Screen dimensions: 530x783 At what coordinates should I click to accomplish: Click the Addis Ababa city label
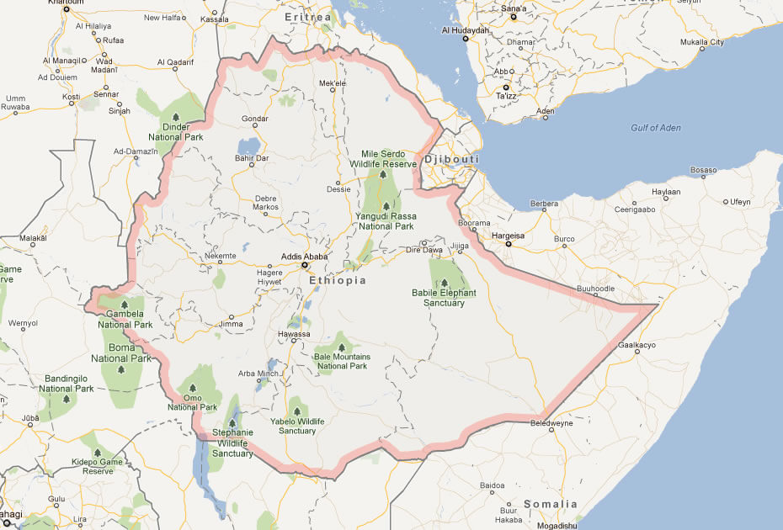click(x=304, y=257)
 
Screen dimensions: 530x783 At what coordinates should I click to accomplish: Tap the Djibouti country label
click(x=452, y=159)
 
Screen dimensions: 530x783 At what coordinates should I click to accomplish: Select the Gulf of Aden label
click(x=656, y=128)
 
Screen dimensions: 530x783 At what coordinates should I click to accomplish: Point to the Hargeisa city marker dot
click(x=508, y=244)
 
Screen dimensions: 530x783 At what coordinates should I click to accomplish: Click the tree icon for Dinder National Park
click(x=176, y=117)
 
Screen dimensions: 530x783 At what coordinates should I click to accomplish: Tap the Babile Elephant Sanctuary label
click(x=444, y=298)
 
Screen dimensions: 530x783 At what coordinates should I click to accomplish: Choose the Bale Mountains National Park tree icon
click(x=341, y=347)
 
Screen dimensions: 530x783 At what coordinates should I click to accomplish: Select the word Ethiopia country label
click(x=338, y=280)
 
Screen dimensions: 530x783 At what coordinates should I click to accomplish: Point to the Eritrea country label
click(x=307, y=17)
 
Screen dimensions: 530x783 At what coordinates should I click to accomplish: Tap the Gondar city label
click(x=254, y=119)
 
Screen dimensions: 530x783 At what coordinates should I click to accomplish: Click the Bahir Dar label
click(x=252, y=157)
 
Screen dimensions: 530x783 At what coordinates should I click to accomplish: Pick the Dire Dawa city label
click(x=423, y=250)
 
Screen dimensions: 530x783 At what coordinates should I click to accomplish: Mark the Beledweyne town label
click(x=551, y=423)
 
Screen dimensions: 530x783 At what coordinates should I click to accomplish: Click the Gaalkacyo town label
click(x=637, y=345)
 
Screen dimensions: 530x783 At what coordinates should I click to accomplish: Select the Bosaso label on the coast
click(x=703, y=171)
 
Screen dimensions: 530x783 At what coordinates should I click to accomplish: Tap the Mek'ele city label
click(x=333, y=83)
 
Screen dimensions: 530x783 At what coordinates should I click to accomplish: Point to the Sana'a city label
click(x=513, y=8)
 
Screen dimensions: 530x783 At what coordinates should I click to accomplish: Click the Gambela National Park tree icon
click(x=124, y=305)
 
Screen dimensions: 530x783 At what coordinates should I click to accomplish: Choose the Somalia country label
click(x=551, y=504)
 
